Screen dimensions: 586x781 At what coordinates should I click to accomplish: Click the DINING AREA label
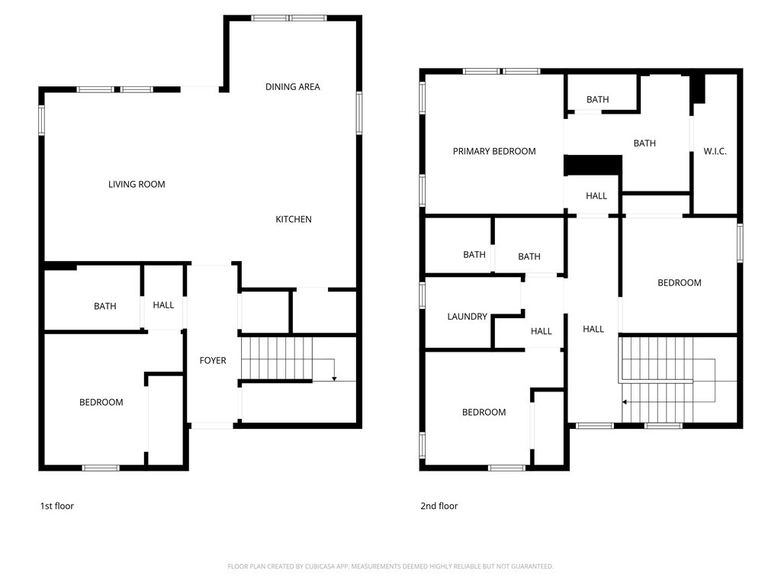(x=292, y=87)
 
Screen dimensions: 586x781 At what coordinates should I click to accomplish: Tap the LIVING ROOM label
(x=137, y=185)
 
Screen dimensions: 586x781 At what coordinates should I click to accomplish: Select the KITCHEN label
(x=293, y=220)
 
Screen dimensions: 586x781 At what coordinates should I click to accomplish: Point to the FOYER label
(x=213, y=360)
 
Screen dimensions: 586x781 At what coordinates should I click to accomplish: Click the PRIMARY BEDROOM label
(x=494, y=152)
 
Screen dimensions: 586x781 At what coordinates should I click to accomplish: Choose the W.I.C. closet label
(x=715, y=152)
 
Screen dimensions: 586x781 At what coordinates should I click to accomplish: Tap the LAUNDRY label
(x=467, y=317)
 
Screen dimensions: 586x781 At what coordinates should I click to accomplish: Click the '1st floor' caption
(x=56, y=506)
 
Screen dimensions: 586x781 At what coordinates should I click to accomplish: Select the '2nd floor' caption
(x=439, y=506)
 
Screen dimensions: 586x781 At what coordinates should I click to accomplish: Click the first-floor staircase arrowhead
(x=334, y=378)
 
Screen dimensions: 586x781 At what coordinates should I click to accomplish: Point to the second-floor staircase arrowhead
(x=625, y=401)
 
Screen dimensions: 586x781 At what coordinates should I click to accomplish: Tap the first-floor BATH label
(x=105, y=307)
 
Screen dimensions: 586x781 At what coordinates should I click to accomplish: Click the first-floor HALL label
(x=163, y=305)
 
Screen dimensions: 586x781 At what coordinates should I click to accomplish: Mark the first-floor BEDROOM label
(x=101, y=403)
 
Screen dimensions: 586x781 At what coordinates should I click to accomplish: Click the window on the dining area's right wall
(x=358, y=113)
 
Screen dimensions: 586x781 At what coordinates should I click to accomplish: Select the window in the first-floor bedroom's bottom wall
(x=101, y=468)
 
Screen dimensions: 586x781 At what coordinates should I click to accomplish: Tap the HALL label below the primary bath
(x=596, y=196)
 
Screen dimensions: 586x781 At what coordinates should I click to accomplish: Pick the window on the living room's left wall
(x=41, y=120)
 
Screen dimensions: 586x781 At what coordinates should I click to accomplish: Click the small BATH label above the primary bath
(x=598, y=100)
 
